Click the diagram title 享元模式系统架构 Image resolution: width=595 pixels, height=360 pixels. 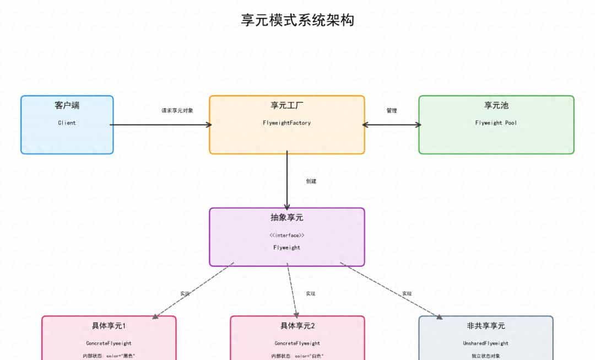coord(297,20)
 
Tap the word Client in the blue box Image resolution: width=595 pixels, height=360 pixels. coord(67,123)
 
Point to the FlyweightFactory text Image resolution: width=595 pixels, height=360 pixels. coord(286,123)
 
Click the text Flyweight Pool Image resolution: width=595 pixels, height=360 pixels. coord(496,123)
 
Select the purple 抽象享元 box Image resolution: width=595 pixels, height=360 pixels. coord(286,257)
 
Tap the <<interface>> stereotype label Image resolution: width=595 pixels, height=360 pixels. coord(286,235)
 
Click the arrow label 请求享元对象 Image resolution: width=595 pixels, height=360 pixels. coord(177,111)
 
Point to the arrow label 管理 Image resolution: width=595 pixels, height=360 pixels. coord(391,111)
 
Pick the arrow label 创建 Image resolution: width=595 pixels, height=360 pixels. coord(311,181)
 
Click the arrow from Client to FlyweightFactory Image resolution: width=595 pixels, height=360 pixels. coord(160,125)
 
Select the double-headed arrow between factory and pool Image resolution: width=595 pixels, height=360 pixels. coord(391,125)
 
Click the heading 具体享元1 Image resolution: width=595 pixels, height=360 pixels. coord(109,326)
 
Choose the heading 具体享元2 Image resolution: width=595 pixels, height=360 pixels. coord(297,326)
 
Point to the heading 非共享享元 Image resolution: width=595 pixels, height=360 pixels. coord(485,326)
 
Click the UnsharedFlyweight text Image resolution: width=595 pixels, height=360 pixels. coord(485,343)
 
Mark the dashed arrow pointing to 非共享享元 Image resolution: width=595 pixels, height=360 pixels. coord(391,291)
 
